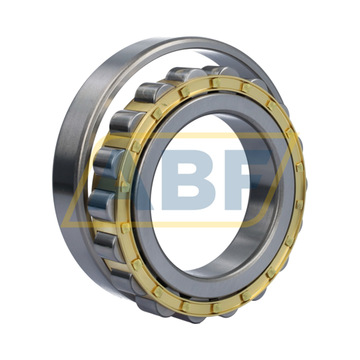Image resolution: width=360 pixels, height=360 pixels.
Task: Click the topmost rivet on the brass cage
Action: (216, 83)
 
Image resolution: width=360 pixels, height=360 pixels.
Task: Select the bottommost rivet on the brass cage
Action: (216, 308)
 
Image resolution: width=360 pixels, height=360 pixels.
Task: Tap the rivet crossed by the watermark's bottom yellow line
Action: (126, 228)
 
